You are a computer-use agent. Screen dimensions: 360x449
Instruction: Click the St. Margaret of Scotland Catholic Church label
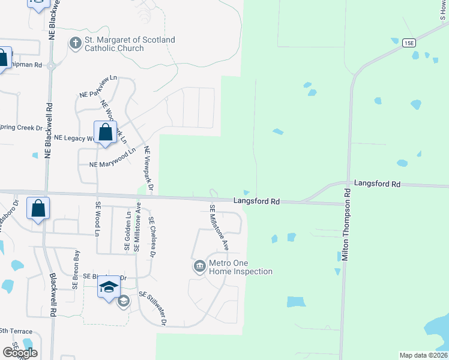pos(130,44)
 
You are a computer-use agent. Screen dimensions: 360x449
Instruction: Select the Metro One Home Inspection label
pos(240,267)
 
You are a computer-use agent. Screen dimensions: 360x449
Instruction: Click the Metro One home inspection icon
pos(199,265)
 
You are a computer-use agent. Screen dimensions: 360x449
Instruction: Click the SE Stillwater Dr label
pos(152,308)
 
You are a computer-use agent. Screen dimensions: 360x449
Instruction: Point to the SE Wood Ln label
pos(97,219)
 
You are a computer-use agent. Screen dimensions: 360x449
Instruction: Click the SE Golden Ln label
pos(127,230)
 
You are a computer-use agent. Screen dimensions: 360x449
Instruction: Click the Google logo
pos(20,353)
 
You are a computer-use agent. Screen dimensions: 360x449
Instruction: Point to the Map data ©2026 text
pos(423,355)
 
